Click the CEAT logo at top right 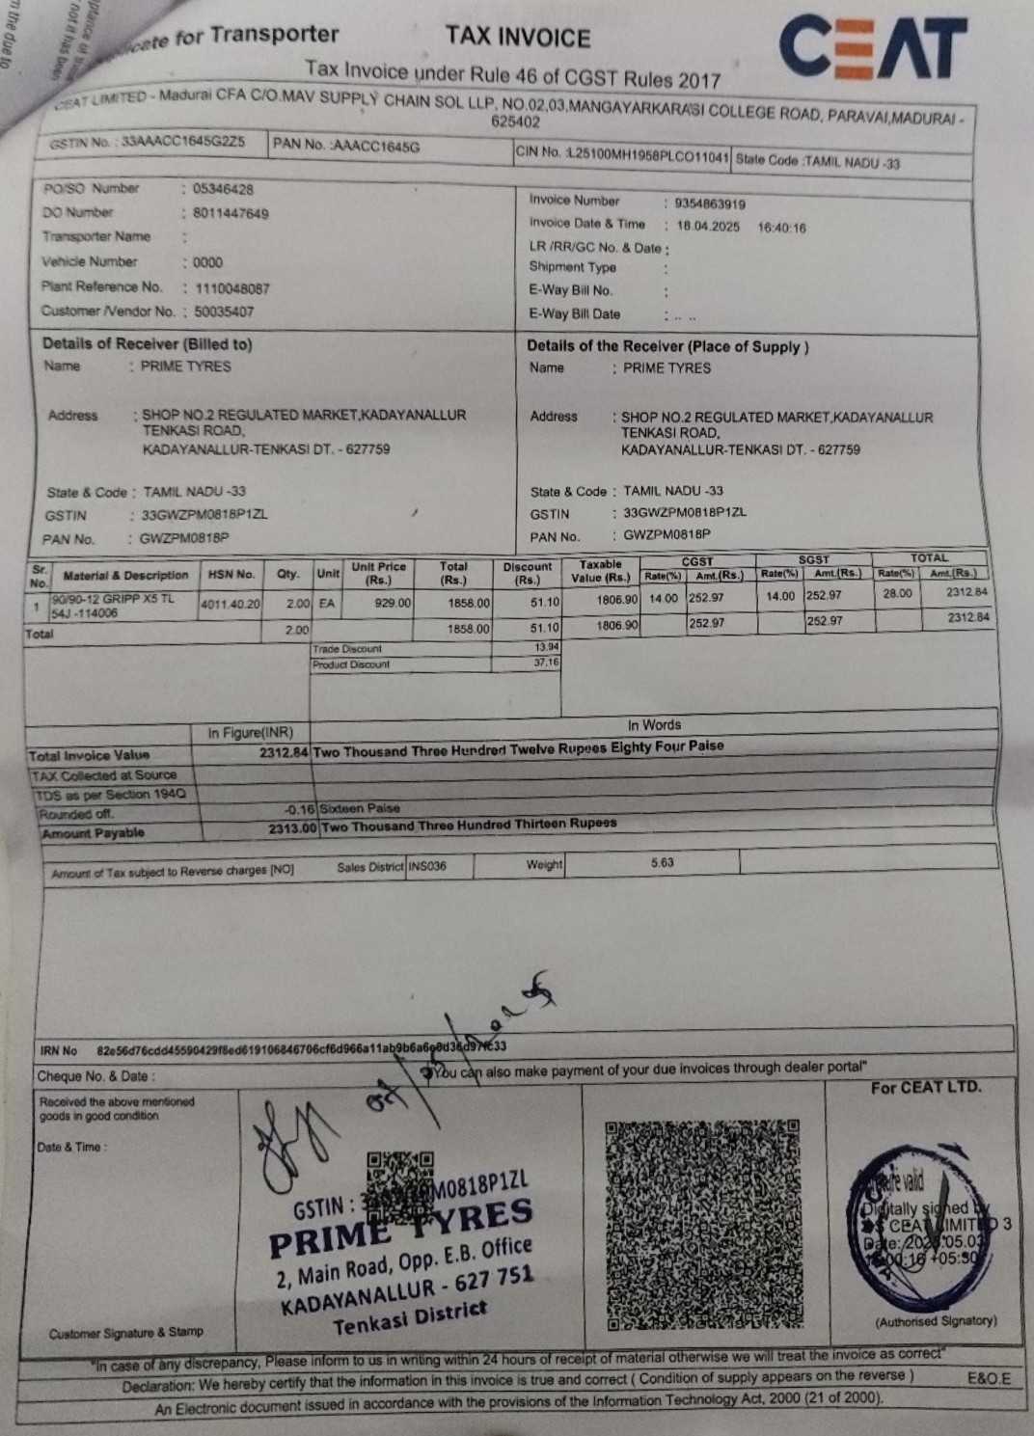pyautogui.click(x=873, y=47)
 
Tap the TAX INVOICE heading pyautogui.click(x=518, y=38)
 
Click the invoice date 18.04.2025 pyautogui.click(x=708, y=228)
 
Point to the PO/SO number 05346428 pyautogui.click(x=223, y=189)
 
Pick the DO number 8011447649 pyautogui.click(x=231, y=213)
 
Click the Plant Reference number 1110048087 pyautogui.click(x=232, y=287)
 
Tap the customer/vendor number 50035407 pyautogui.click(x=224, y=312)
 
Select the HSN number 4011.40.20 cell pyautogui.click(x=231, y=604)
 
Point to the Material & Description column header pyautogui.click(x=125, y=576)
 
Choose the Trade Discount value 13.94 pyautogui.click(x=546, y=647)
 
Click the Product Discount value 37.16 pyautogui.click(x=546, y=663)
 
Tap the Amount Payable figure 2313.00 pyautogui.click(x=292, y=828)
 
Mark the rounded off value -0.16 pyautogui.click(x=300, y=810)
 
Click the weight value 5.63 pyautogui.click(x=663, y=862)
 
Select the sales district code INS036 pyautogui.click(x=427, y=866)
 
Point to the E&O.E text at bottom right pyautogui.click(x=989, y=1378)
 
